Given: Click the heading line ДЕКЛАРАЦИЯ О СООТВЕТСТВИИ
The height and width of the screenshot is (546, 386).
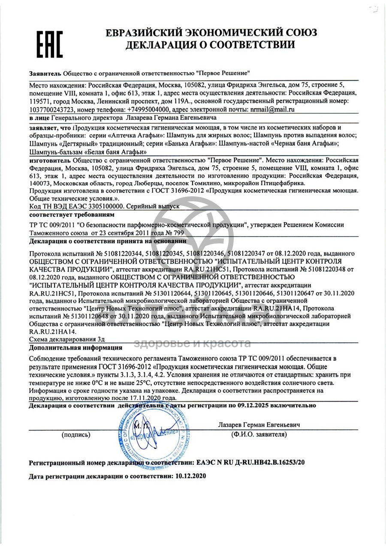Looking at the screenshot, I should tap(210, 45).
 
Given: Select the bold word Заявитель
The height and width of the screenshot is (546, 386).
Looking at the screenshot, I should tap(45, 73).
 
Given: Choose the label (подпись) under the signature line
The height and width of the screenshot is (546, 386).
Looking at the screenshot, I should tap(76, 434).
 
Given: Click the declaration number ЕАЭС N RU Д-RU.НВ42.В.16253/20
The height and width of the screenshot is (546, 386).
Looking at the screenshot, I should tap(251, 463).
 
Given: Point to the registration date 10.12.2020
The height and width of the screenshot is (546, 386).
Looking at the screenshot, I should tap(189, 476).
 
